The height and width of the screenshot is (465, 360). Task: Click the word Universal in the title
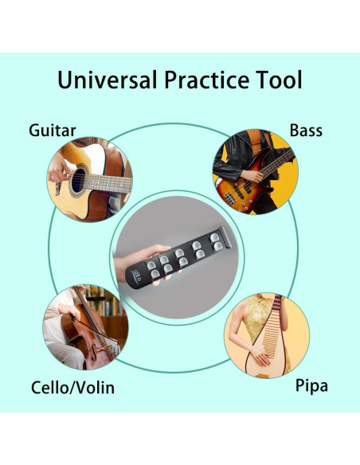(107, 80)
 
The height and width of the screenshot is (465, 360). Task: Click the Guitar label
(53, 131)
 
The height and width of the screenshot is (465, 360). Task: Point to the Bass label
(306, 131)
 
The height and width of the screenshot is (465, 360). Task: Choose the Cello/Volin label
(72, 387)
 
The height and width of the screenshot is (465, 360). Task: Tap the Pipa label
(311, 386)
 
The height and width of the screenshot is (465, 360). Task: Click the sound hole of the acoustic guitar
(78, 180)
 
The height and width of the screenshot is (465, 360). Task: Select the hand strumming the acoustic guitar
(58, 171)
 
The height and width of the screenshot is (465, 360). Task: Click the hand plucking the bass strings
(252, 176)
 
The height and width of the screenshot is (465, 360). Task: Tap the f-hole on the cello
(94, 352)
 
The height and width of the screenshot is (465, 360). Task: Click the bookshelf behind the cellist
(108, 306)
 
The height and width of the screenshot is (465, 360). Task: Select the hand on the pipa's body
(260, 355)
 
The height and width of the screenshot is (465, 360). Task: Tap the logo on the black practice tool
(138, 275)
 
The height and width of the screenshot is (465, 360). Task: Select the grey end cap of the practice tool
(225, 237)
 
